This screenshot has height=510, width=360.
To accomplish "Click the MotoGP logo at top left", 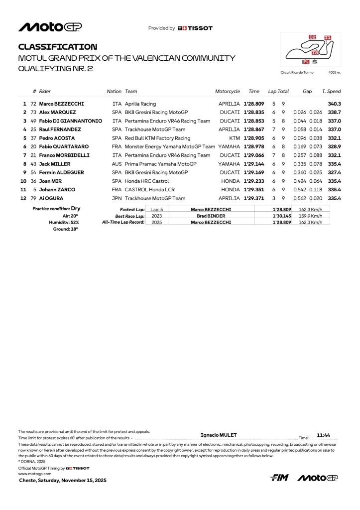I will [50, 27].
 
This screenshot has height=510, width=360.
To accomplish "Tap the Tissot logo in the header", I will [195, 28].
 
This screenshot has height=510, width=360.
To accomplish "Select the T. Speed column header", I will [331, 92].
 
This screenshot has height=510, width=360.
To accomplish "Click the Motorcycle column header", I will [228, 92].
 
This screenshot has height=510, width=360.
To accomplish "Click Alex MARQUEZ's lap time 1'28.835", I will [254, 113].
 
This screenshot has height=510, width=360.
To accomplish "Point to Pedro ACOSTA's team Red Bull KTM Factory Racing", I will [157, 138].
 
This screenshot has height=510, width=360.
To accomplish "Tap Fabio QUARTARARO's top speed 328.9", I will [334, 146].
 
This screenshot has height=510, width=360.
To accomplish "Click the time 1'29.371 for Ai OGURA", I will [254, 198].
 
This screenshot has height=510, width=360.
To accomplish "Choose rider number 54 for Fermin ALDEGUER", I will [34, 172].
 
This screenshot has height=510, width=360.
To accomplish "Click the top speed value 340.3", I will [334, 104].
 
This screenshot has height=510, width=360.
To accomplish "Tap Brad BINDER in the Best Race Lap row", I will [211, 216].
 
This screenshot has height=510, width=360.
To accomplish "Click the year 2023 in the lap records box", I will [157, 216].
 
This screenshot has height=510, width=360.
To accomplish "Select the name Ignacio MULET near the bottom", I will [219, 435].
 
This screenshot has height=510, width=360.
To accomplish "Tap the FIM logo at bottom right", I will [279, 478].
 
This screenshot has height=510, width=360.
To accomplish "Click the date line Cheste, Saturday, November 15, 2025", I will [63, 481].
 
